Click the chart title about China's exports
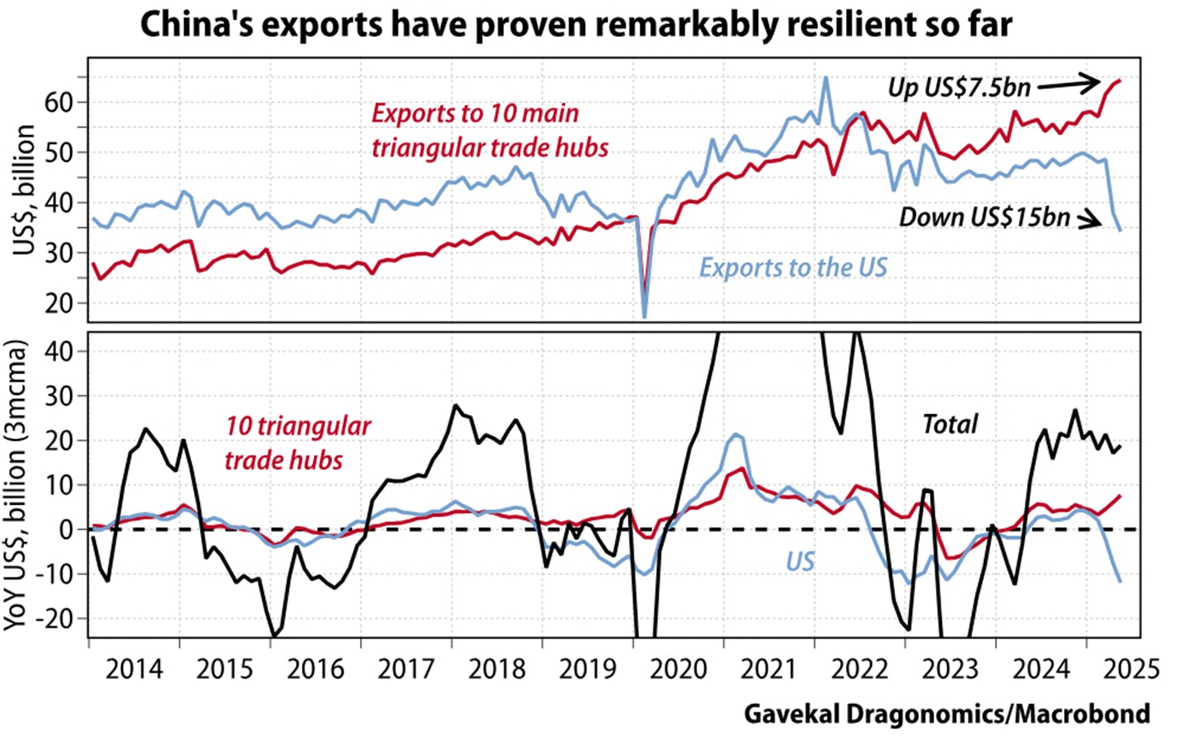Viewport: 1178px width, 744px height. (x=576, y=25)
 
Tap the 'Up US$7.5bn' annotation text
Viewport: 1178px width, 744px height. (x=958, y=88)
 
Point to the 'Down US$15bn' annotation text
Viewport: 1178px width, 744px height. (x=984, y=217)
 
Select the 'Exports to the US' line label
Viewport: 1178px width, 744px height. (x=792, y=268)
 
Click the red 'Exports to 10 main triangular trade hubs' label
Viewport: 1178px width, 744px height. (x=490, y=131)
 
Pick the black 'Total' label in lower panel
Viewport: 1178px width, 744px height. (x=950, y=424)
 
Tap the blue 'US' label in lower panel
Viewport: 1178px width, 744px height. (x=800, y=561)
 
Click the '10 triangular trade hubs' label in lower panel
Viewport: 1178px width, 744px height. (x=298, y=443)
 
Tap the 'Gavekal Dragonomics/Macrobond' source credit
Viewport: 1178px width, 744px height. (x=946, y=714)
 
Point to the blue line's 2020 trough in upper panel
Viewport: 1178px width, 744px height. (x=644, y=316)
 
